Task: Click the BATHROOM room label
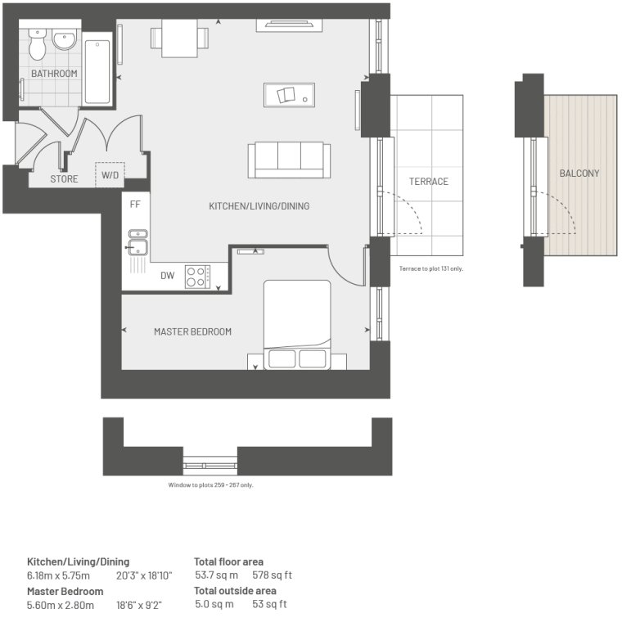[54, 74]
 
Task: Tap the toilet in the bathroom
[38, 44]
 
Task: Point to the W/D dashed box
[110, 174]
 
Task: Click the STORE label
[64, 179]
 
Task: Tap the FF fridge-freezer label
[135, 205]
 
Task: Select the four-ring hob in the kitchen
[197, 277]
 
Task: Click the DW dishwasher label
[168, 276]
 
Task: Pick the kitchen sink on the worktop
[137, 242]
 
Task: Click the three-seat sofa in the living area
[289, 160]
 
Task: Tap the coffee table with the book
[289, 95]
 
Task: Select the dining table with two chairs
[179, 38]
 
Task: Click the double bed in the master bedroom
[297, 325]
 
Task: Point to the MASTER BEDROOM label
[192, 331]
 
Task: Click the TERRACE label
[429, 182]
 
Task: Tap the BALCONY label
[579, 174]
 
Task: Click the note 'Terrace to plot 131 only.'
[430, 268]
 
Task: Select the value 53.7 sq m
[216, 575]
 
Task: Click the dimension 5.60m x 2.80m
[61, 606]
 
